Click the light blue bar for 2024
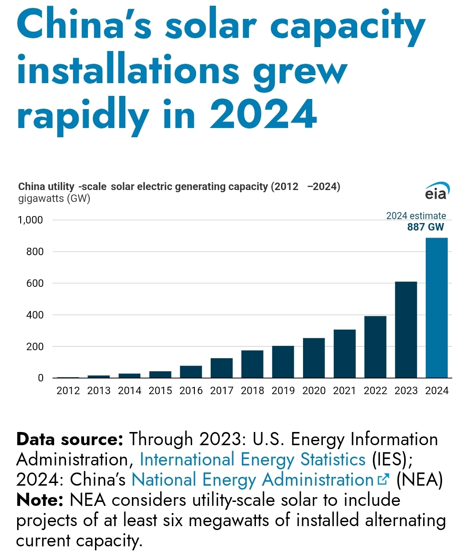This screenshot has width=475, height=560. tap(436, 308)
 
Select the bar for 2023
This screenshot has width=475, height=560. tap(406, 329)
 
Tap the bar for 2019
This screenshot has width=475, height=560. tap(283, 362)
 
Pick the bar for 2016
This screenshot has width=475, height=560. tap(191, 372)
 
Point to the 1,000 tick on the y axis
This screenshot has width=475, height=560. tap(30, 220)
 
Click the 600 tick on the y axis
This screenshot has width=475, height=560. tap(35, 283)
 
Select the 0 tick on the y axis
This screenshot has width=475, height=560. tap(41, 378)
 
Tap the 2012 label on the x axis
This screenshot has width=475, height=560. tap(68, 391)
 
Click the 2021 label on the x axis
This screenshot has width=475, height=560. tap(344, 391)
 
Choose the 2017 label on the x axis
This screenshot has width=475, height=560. tap(222, 391)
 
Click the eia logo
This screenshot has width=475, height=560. tap(437, 191)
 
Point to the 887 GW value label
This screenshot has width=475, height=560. tap(425, 227)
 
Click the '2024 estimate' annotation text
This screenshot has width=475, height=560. tap(416, 216)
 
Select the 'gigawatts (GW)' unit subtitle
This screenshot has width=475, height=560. tap(54, 198)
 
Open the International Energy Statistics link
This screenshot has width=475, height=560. tap(252, 460)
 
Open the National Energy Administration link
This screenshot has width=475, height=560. tap(252, 480)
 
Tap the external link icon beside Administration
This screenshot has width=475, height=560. tap(384, 479)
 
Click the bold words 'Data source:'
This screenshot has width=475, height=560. tap(69, 439)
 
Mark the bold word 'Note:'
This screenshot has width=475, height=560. tap(40, 500)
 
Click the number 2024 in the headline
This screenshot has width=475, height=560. tap(263, 114)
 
